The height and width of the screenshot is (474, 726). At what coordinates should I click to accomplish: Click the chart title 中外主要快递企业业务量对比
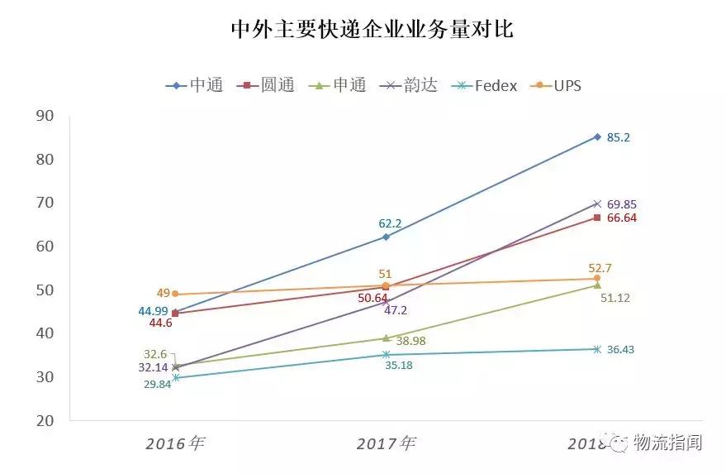[371, 31]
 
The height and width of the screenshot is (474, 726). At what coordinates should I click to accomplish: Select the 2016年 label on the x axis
[174, 443]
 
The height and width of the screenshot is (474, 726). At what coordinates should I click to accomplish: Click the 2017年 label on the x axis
[386, 443]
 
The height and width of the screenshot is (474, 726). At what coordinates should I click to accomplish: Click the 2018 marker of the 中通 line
[597, 136]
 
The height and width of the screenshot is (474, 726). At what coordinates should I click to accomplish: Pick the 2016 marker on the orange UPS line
[175, 294]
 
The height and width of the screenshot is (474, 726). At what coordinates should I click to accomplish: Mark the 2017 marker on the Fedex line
[386, 354]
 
